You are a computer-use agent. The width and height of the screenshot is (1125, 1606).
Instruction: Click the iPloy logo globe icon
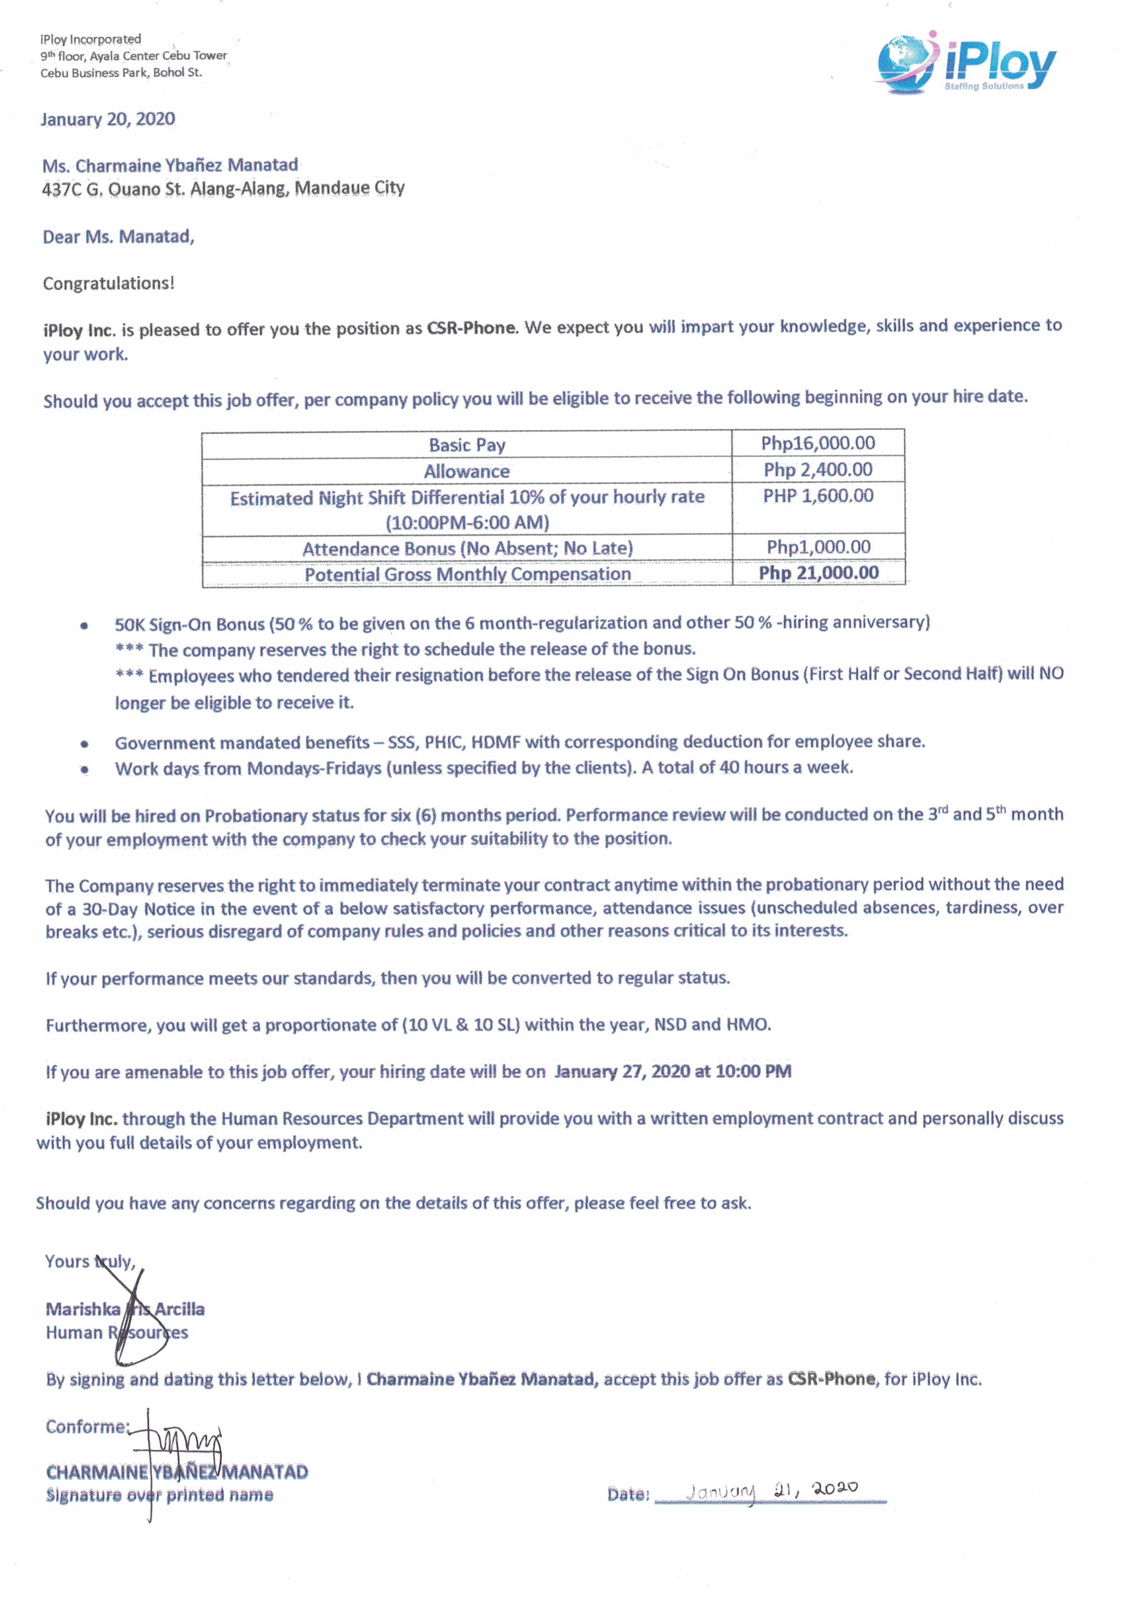click(x=904, y=62)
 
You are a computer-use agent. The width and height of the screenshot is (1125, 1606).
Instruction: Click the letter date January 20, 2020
click(x=108, y=119)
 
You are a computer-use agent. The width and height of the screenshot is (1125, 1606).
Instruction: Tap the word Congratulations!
click(x=108, y=283)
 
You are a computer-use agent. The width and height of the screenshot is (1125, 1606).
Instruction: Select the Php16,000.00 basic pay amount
click(x=817, y=443)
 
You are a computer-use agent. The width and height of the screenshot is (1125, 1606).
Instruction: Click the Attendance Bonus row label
click(x=467, y=549)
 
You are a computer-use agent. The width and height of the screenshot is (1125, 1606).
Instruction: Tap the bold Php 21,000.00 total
click(x=818, y=573)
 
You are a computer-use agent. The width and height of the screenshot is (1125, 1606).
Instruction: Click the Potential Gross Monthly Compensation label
click(x=467, y=574)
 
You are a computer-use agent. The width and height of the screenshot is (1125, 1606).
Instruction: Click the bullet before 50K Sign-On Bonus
click(x=85, y=625)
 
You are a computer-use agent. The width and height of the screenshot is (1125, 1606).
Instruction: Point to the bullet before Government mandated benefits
click(x=85, y=743)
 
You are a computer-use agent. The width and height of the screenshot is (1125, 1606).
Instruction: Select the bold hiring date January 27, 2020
click(x=672, y=1071)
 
